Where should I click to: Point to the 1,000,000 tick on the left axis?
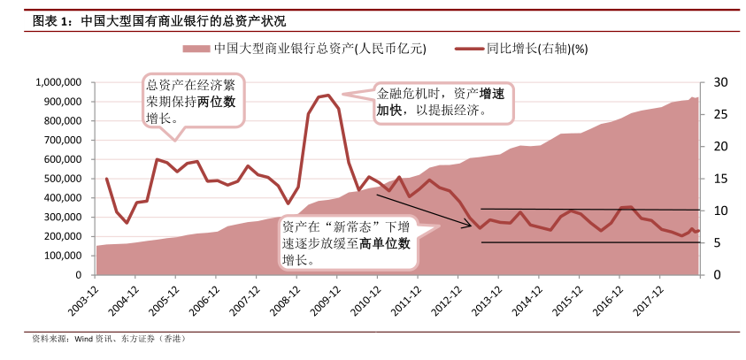click(59, 82)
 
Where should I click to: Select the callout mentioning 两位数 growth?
click(192, 101)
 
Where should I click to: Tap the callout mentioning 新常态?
click(346, 242)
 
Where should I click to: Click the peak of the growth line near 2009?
click(328, 95)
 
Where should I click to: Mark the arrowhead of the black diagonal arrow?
click(470, 226)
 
